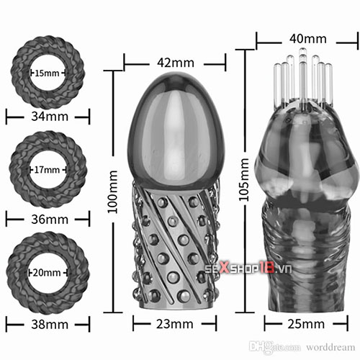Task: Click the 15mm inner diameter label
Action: pyautogui.click(x=47, y=73)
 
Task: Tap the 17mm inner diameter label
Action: pyautogui.click(x=47, y=170)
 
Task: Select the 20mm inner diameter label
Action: pyautogui.click(x=47, y=273)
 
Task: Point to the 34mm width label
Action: pyautogui.click(x=50, y=117)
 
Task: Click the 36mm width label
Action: pyautogui.click(x=50, y=219)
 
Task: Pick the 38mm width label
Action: pyautogui.click(x=50, y=325)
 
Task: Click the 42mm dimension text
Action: pyautogui.click(x=176, y=63)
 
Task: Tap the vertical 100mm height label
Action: pyautogui.click(x=112, y=192)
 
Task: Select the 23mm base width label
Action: pyautogui.click(x=175, y=324)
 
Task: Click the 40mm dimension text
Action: pyautogui.click(x=308, y=39)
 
